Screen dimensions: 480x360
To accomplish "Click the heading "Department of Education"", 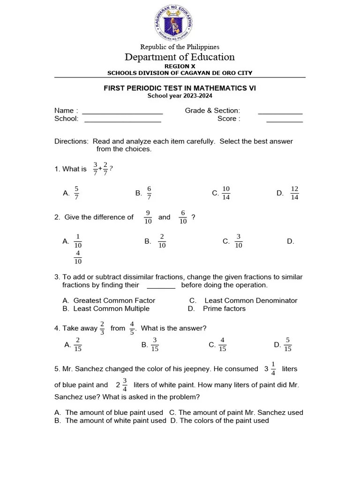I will pos(180,57).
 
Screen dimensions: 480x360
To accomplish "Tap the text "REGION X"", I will pos(180,67).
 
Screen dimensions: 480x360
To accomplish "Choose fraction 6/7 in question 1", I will pos(149,193).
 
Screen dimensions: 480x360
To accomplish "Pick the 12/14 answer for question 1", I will pos(294,193).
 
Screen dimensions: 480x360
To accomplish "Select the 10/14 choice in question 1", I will pos(226,193).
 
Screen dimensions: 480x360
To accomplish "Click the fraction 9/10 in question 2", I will pos(148,217).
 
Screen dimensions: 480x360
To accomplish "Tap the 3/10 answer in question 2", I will pos(238,241).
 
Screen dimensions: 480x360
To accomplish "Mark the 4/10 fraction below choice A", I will pos(78,257).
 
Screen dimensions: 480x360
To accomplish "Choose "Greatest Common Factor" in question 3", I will pos(114,300).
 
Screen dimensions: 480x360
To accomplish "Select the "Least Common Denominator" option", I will pos(251,300).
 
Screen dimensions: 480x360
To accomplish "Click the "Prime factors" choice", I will pos(224,308).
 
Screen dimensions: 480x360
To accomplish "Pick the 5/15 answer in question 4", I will pos(288,345).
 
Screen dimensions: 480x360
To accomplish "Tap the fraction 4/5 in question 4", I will pos(132,328).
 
